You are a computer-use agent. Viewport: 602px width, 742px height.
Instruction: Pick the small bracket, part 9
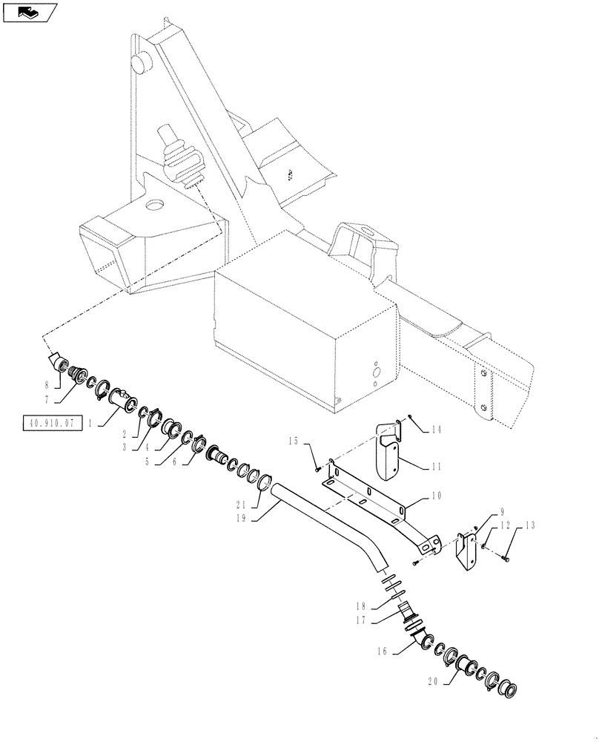[x=467, y=553]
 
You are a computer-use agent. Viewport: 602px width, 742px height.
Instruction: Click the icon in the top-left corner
[x=30, y=13]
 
